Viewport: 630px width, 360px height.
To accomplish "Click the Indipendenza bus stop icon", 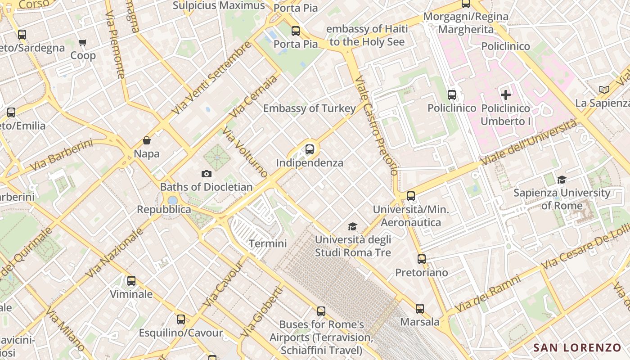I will [x=310, y=149].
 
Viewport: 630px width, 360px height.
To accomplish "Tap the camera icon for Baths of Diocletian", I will [x=207, y=174].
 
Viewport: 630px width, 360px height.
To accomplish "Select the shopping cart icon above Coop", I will [x=83, y=43].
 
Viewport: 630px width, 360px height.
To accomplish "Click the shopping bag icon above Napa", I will [x=147, y=140].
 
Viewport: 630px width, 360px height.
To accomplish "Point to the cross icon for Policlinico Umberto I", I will [x=506, y=95].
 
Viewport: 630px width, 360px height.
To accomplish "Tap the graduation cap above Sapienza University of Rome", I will [x=562, y=180].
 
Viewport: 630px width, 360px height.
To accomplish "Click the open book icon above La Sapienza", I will [x=604, y=90].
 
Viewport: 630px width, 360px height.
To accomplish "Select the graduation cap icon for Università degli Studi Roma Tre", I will [x=352, y=226].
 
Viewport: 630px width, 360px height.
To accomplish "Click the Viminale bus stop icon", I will [x=131, y=281].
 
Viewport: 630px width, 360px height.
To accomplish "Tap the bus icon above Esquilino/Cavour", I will [x=181, y=319].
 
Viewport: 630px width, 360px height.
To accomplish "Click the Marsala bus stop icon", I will [x=420, y=309].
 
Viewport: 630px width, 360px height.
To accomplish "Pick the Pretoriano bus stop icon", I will [x=422, y=259].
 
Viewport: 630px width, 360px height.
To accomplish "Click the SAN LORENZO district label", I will [x=577, y=347].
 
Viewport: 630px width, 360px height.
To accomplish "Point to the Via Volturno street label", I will [x=245, y=153].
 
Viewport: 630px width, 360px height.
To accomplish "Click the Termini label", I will [x=268, y=243].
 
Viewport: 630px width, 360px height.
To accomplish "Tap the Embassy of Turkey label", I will [x=309, y=108].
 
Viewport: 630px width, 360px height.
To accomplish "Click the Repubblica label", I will [x=164, y=209].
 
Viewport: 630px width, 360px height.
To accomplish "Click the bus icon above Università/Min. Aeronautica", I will [x=411, y=196].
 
